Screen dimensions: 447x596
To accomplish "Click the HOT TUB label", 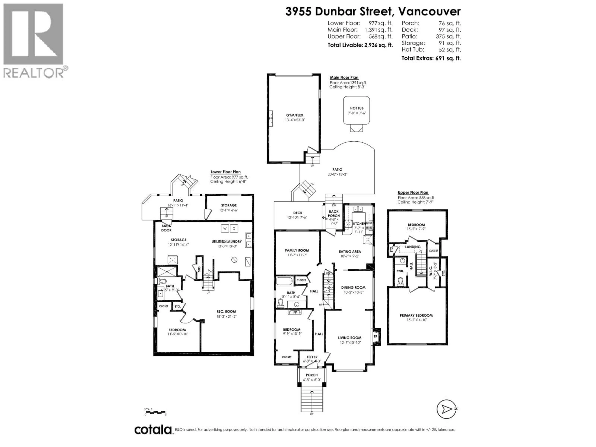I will pos(357,108).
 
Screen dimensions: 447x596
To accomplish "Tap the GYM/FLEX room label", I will pos(295,115).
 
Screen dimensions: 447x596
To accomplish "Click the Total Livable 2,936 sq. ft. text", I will pos(360,45).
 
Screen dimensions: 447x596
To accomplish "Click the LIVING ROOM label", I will pos(350,338).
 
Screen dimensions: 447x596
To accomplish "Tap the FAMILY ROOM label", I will pos(297,250).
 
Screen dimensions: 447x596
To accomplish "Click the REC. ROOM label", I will pos(226,312).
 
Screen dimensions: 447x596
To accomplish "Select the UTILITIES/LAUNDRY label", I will pos(227,242).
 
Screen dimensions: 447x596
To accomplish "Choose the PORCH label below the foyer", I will pos(312,375).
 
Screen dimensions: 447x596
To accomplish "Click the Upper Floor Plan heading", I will pos(413,192).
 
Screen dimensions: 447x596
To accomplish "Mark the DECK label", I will pos(298,213).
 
